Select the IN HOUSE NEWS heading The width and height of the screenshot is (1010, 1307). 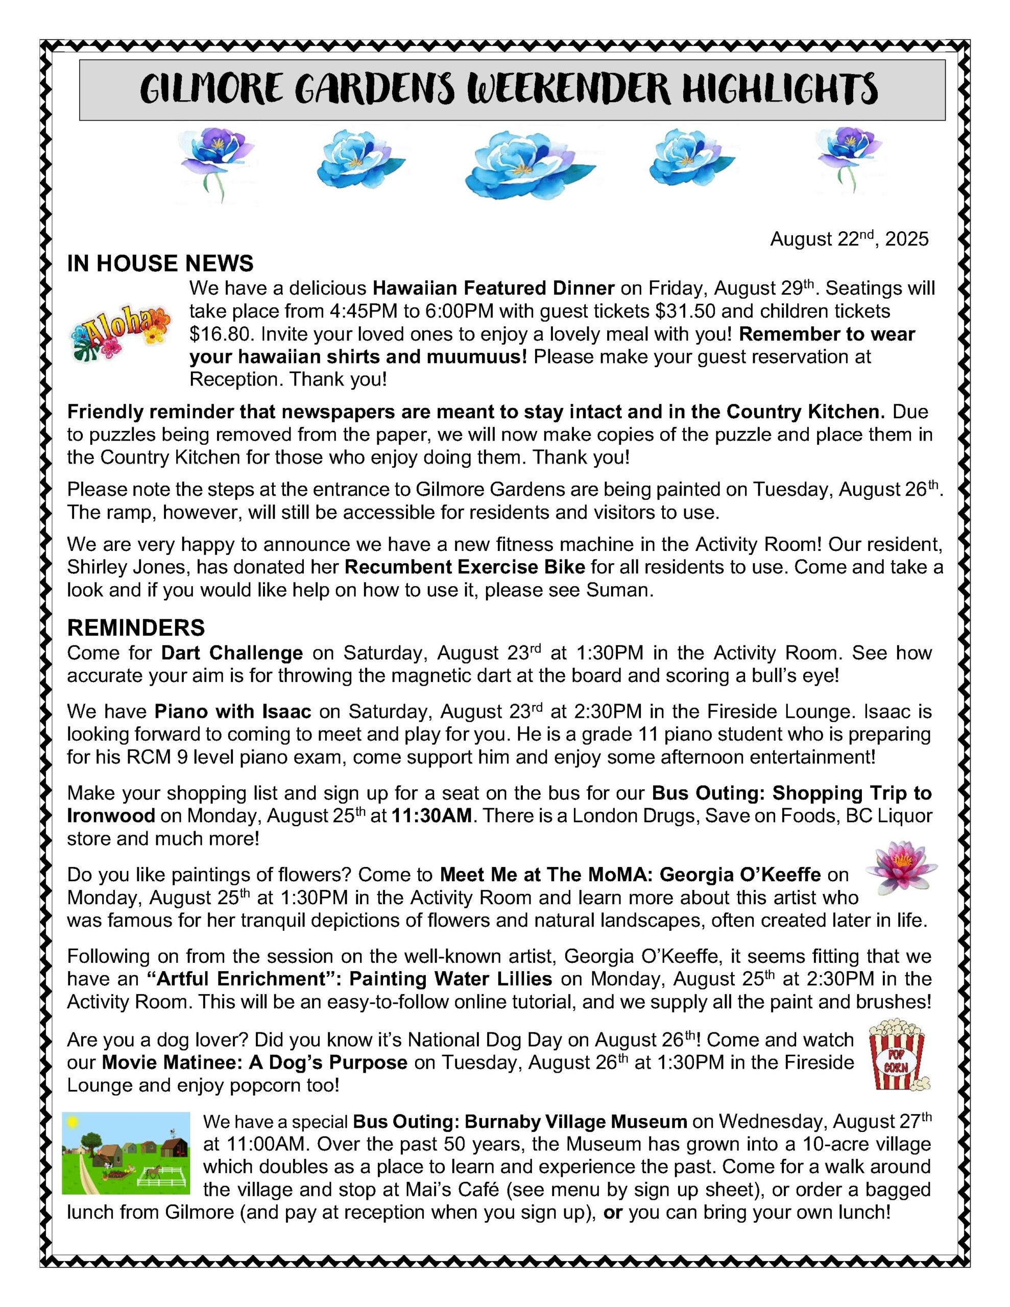pyautogui.click(x=160, y=263)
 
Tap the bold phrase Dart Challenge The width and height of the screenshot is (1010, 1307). pyautogui.click(x=232, y=652)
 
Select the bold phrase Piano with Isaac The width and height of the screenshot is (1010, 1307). pyautogui.click(x=233, y=712)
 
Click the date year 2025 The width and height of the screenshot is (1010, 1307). pyautogui.click(x=906, y=239)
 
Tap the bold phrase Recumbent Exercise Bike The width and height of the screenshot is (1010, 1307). pyautogui.click(x=456, y=567)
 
